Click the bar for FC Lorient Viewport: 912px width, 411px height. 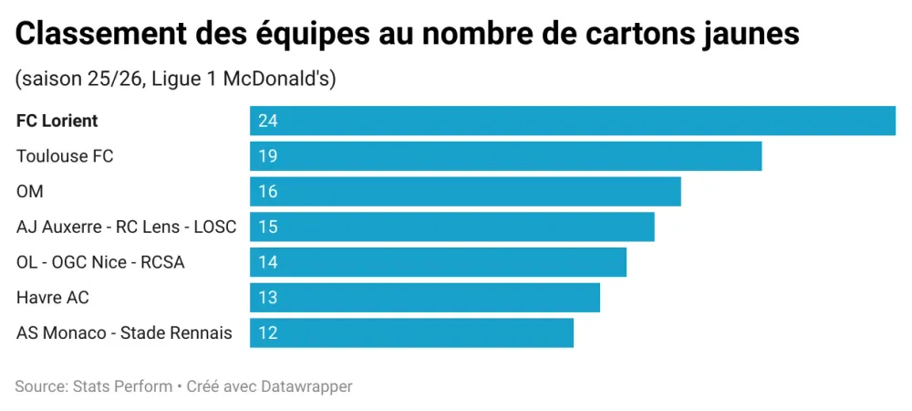tap(573, 121)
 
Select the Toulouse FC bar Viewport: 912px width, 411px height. tap(505, 156)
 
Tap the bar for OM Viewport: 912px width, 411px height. tap(465, 192)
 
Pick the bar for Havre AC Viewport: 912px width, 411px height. tap(425, 298)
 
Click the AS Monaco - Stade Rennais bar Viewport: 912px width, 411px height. tap(411, 333)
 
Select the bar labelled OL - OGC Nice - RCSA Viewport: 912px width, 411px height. tap(438, 262)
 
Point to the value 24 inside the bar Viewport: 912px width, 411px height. tap(267, 121)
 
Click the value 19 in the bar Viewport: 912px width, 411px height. tap(267, 156)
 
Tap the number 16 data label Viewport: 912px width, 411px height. tap(267, 192)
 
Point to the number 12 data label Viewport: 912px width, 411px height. tap(267, 333)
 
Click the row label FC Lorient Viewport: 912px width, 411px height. tap(57, 121)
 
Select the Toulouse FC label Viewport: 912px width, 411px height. tap(65, 156)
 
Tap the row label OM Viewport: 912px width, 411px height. tap(30, 192)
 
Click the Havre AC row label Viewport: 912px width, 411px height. tap(53, 298)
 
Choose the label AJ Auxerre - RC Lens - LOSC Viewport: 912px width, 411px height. tap(126, 227)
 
